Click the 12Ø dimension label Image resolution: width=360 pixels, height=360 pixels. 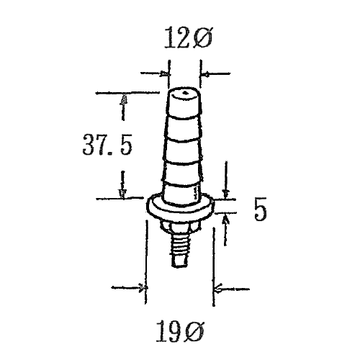click(x=188, y=37)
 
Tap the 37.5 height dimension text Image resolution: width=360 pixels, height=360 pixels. click(x=107, y=145)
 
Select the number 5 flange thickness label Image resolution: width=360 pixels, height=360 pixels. click(x=261, y=209)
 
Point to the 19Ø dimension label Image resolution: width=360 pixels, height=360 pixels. click(x=180, y=331)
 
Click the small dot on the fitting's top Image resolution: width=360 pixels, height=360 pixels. click(x=185, y=93)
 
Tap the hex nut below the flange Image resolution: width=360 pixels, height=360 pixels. click(x=179, y=226)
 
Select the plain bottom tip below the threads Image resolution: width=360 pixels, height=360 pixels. click(x=179, y=261)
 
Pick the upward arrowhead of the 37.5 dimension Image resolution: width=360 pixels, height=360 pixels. click(x=124, y=99)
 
